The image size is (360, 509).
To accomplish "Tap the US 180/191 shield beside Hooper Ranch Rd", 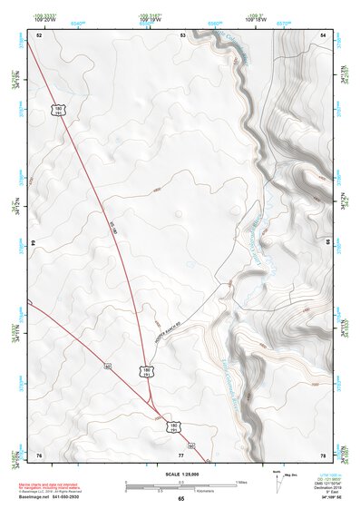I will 145,370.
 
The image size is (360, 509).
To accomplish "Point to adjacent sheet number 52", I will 39,34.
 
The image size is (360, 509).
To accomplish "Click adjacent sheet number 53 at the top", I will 182,34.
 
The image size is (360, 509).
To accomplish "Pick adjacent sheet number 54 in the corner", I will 324,34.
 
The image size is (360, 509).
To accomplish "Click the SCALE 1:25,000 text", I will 181,474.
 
